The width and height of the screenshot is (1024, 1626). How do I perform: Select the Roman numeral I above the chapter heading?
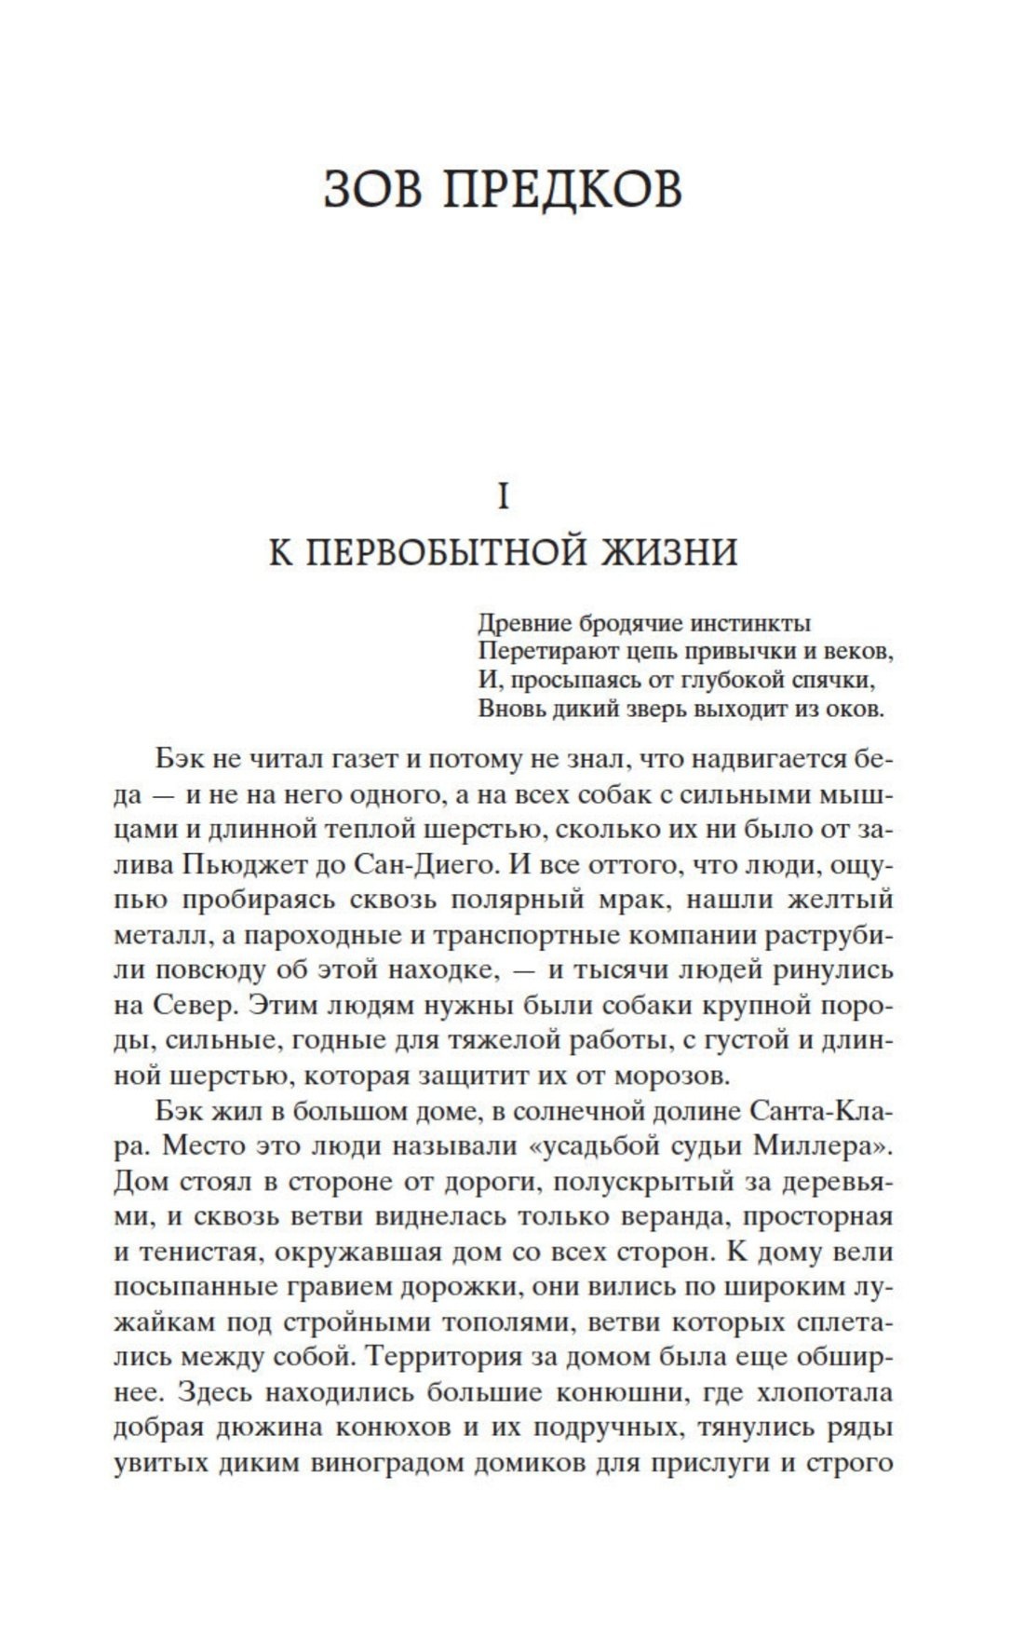504,498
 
